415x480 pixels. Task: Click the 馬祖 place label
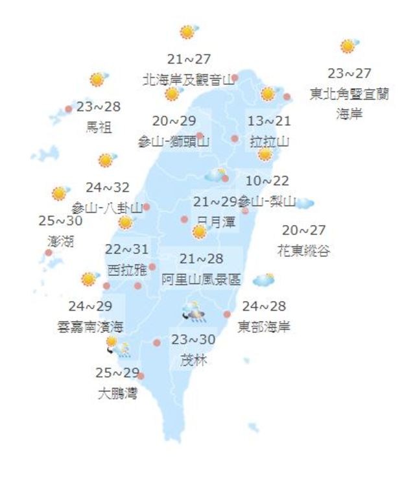(99, 126)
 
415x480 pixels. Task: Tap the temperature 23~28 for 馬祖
(99, 107)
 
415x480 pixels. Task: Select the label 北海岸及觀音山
(188, 80)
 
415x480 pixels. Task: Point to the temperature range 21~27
(189, 60)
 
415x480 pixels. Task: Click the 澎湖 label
(60, 241)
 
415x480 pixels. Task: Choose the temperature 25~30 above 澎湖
(60, 221)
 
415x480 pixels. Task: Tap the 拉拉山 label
(269, 140)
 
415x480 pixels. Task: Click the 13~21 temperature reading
(269, 121)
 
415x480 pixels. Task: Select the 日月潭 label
(216, 221)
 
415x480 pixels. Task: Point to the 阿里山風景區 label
(201, 280)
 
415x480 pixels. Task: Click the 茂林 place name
(192, 359)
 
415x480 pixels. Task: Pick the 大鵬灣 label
(117, 393)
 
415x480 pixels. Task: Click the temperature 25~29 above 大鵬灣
(117, 374)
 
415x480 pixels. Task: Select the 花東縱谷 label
(303, 250)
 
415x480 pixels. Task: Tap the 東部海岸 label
(264, 326)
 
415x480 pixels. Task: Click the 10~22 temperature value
(268, 181)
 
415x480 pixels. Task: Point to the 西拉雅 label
(127, 269)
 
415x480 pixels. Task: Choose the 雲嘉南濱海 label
(90, 326)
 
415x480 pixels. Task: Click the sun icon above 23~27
(349, 46)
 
